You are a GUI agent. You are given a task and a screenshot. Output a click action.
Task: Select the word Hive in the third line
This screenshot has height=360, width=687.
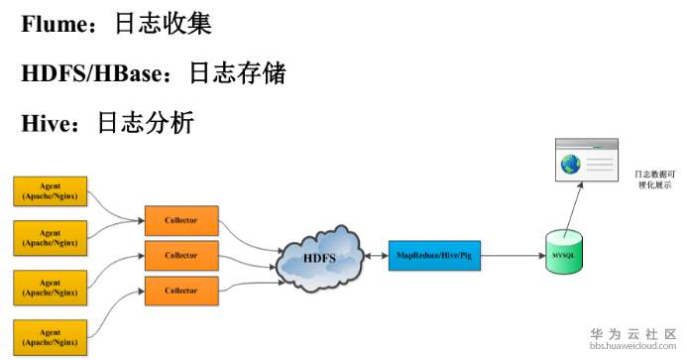pyautogui.click(x=46, y=122)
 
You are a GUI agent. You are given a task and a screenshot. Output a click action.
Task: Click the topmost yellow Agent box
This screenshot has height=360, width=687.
pyautogui.click(x=50, y=191)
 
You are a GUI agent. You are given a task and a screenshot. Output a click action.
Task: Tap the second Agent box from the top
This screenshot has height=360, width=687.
pyautogui.click(x=50, y=236)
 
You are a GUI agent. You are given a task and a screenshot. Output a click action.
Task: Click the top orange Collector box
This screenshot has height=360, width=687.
pyautogui.click(x=181, y=219)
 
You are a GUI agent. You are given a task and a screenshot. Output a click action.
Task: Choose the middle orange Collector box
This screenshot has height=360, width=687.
pyautogui.click(x=181, y=255)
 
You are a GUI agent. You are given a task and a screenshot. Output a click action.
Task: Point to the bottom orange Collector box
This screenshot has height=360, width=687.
pyautogui.click(x=181, y=291)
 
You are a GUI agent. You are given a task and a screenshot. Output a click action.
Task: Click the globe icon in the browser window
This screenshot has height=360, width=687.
pyautogui.click(x=571, y=166)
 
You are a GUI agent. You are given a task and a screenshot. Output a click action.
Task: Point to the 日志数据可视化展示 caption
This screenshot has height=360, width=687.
pyautogui.click(x=654, y=180)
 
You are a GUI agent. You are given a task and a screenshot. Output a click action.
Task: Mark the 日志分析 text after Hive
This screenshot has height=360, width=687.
pyautogui.click(x=145, y=122)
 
